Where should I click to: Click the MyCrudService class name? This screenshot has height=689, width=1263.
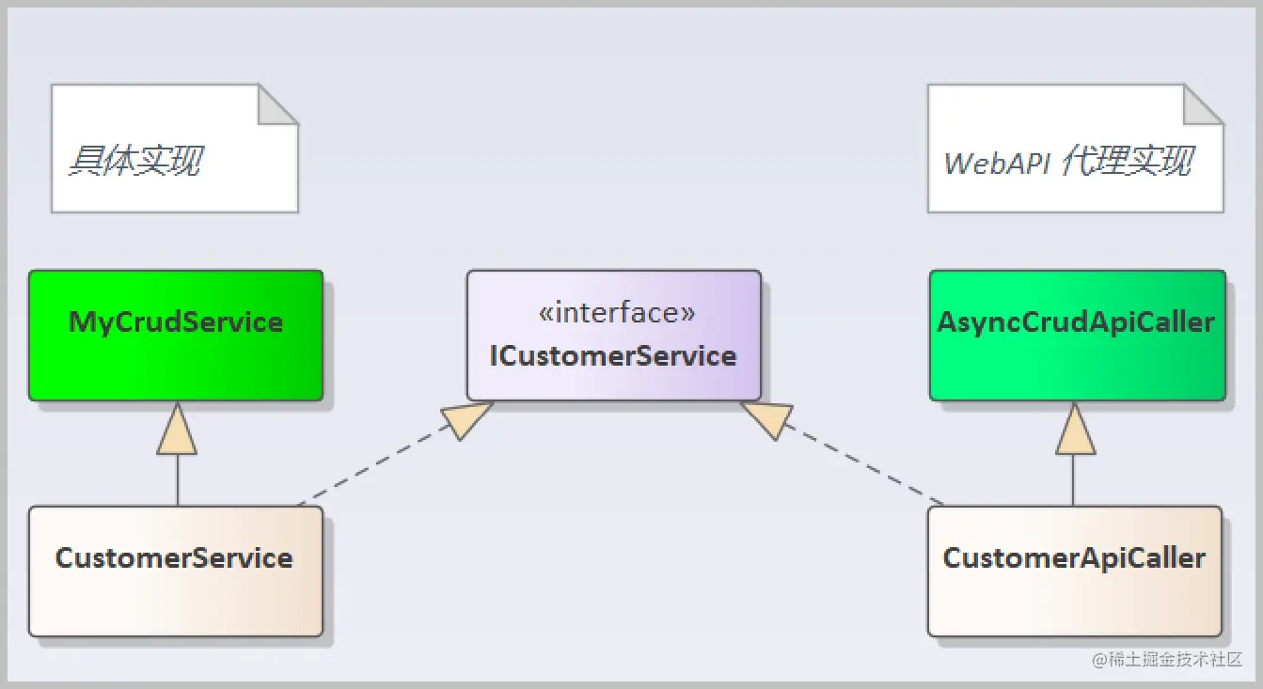pyautogui.click(x=175, y=322)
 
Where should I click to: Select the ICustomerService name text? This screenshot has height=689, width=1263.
pyautogui.click(x=613, y=356)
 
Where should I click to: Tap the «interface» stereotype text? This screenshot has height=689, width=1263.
pyautogui.click(x=617, y=313)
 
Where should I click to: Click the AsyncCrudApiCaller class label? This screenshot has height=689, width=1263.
pyautogui.click(x=1077, y=322)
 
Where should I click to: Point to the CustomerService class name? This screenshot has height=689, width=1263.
pyautogui.click(x=174, y=558)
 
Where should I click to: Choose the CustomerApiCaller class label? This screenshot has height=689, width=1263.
pyautogui.click(x=1074, y=559)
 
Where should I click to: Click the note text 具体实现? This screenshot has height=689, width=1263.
pyautogui.click(x=135, y=161)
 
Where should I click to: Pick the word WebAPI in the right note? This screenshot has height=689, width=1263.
pyautogui.click(x=997, y=164)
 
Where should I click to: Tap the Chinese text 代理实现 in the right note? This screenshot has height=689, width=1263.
pyautogui.click(x=1128, y=161)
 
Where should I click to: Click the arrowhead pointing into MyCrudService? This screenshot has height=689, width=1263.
pyautogui.click(x=177, y=429)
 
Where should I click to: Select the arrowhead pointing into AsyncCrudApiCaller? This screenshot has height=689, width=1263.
pyautogui.click(x=1075, y=429)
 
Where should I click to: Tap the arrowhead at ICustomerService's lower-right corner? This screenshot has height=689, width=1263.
pyautogui.click(x=768, y=419)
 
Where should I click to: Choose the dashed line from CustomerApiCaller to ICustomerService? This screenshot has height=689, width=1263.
pyautogui.click(x=864, y=463)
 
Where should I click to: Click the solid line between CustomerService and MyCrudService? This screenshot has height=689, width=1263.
pyautogui.click(x=178, y=480)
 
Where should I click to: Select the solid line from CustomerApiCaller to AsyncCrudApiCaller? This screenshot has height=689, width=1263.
pyautogui.click(x=1073, y=480)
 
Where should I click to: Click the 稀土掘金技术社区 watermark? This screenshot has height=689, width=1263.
pyautogui.click(x=1167, y=659)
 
